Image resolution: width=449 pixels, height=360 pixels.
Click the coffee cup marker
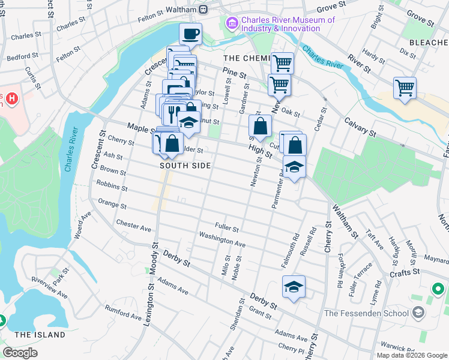click(x=190, y=34)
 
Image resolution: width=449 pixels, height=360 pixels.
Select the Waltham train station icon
click(x=203, y=9)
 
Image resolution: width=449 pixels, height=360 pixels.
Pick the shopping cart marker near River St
click(x=405, y=88)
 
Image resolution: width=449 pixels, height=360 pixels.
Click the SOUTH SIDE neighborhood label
click(x=185, y=166)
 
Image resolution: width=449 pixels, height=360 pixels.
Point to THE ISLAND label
click(x=40, y=334)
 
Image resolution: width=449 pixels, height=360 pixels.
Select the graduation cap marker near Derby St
click(x=294, y=287)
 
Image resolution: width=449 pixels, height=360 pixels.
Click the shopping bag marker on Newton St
click(x=260, y=126)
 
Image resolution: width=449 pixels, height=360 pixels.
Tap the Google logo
click(x=20, y=353)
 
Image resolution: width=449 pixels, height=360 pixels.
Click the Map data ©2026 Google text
click(x=412, y=355)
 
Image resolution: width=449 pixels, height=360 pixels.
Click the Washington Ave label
click(x=222, y=240)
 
